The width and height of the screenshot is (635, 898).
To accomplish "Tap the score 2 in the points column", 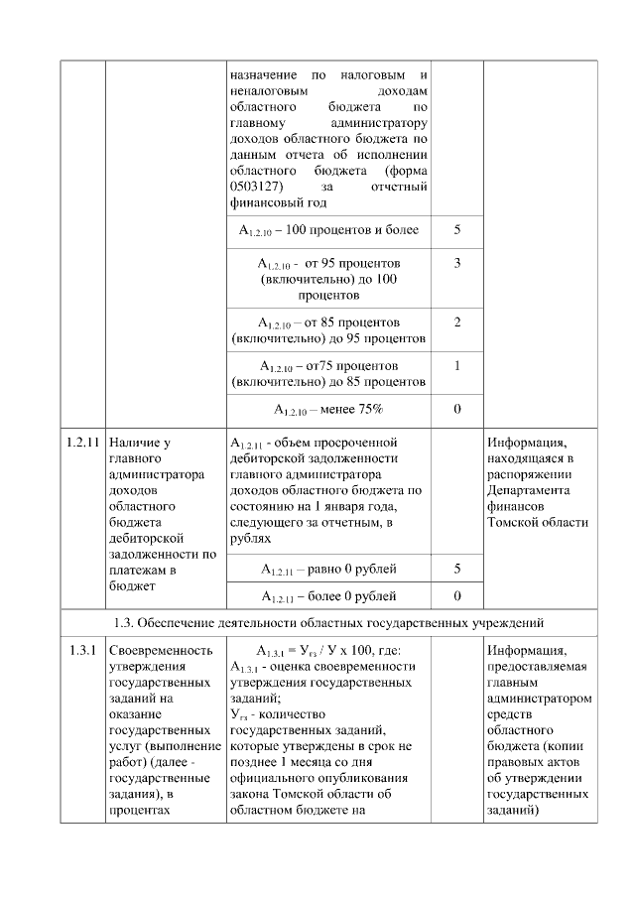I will tap(456, 322).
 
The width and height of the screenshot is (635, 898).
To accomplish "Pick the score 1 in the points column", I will tap(456, 365).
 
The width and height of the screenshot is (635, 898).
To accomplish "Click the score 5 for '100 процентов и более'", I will tap(456, 230).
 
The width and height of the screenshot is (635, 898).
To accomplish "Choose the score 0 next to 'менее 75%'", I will tap(456, 408).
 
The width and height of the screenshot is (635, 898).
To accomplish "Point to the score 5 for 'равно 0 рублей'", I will tap(456, 570).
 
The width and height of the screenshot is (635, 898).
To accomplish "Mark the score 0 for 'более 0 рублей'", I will tap(456, 596).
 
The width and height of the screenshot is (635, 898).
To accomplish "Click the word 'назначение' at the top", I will tap(262, 75).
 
